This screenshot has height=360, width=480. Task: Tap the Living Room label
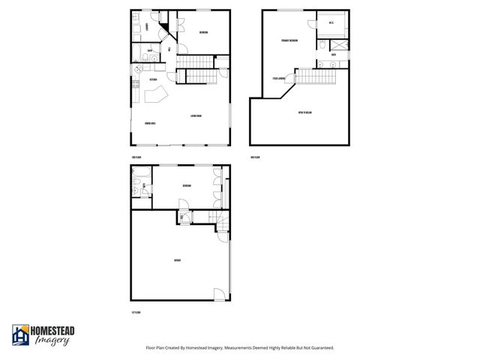196,115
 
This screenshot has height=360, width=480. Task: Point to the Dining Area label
150,123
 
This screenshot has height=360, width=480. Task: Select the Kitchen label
153,79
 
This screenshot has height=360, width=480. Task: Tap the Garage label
177,260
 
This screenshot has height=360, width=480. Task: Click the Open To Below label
304,112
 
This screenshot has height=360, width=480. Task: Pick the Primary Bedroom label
289,40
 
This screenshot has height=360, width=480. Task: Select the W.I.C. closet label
331,23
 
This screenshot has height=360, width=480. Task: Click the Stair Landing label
278,77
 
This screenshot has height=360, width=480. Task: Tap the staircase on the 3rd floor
315,75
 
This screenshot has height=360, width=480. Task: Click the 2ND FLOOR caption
136,157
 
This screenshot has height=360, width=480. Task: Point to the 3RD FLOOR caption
254,157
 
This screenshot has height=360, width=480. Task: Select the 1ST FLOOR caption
136,312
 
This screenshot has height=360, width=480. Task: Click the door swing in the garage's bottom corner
218,293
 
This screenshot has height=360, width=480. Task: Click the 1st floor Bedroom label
186,186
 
